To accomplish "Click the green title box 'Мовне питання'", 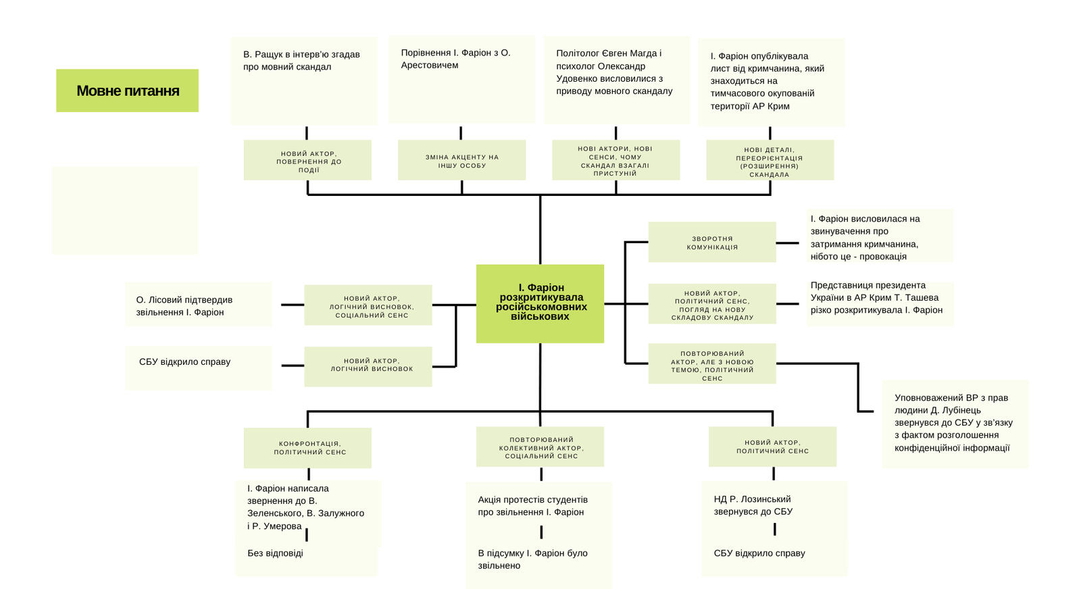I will (x=127, y=91).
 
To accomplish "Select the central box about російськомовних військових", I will (x=540, y=303).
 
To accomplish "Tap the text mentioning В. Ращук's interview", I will (x=301, y=61).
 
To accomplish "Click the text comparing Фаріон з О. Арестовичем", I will (x=455, y=59).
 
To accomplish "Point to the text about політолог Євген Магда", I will (x=614, y=72).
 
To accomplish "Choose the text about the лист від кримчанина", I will (x=767, y=81).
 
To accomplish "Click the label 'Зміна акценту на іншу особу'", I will (x=461, y=161).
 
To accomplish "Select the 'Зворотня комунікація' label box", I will (x=712, y=243).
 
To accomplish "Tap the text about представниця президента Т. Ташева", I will (x=876, y=298).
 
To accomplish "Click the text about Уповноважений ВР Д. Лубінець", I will (x=953, y=423).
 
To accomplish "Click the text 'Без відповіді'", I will (x=275, y=553).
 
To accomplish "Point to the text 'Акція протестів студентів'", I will (x=532, y=506).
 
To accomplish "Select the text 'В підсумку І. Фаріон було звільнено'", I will (x=532, y=559).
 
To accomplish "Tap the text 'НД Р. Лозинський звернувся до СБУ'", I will (x=753, y=505).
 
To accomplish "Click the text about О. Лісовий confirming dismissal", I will (x=184, y=306).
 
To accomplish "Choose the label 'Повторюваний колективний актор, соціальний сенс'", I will (x=540, y=447).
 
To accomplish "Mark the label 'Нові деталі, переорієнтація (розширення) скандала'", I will (x=770, y=162).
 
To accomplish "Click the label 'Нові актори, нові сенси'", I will (x=615, y=161).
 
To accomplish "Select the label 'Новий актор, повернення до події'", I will (x=308, y=161).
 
